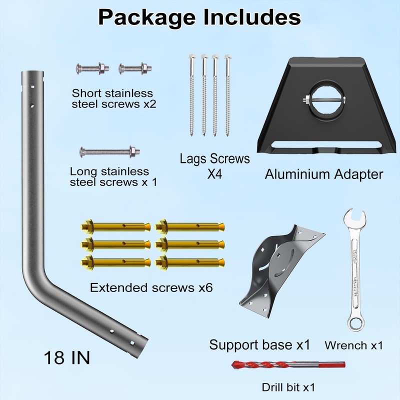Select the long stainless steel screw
pos(108,150)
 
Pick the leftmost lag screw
pos(192,95)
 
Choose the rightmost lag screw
pos(227,95)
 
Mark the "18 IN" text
pos(67,358)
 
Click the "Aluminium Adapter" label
pos(324,174)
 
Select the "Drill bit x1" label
pos(288,387)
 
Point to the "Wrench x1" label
pos(354,345)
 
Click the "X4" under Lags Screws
pos(214,175)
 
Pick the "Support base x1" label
pos(259,345)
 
